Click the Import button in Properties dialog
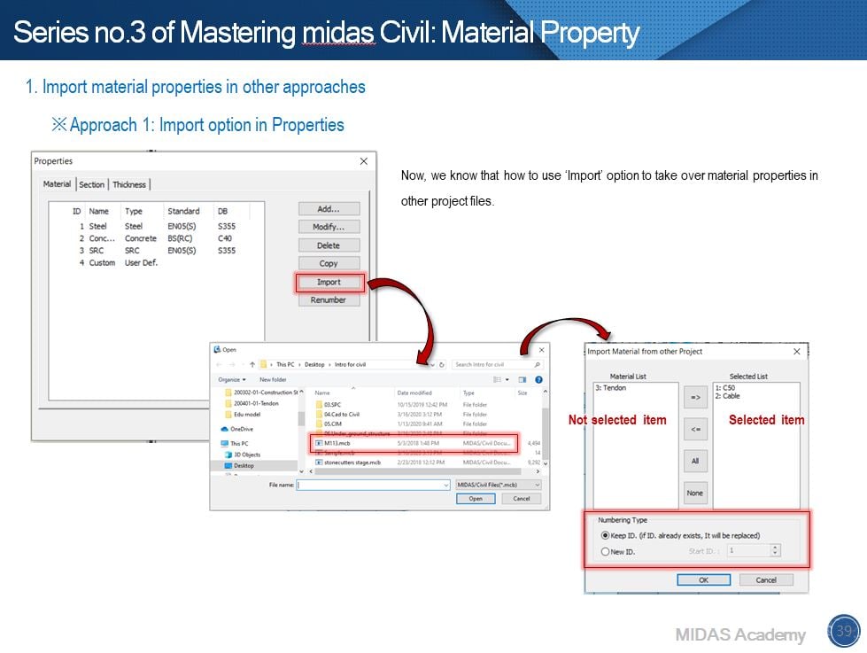[x=329, y=282]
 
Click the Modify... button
[x=329, y=227]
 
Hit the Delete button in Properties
[x=329, y=245]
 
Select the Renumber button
[x=329, y=300]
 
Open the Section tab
[x=91, y=184]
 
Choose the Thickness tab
[x=129, y=184]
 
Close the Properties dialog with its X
[x=363, y=161]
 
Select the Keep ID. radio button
[x=606, y=535]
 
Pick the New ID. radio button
[x=606, y=551]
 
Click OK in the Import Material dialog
[x=703, y=579]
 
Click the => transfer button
[x=695, y=398]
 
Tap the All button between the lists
[x=695, y=461]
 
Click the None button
[x=695, y=493]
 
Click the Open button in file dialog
[x=476, y=499]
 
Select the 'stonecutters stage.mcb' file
[x=352, y=463]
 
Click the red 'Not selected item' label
[x=617, y=420]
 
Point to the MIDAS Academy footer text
[x=740, y=634]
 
